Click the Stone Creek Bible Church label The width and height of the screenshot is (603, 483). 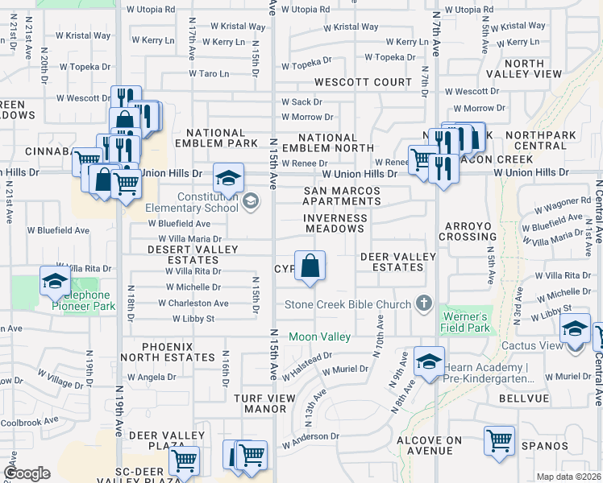(348, 304)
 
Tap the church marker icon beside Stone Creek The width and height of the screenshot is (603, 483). (423, 304)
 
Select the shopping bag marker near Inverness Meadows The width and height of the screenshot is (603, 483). (310, 266)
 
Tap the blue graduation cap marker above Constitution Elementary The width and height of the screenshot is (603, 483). (228, 177)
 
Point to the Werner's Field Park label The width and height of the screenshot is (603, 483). (465, 322)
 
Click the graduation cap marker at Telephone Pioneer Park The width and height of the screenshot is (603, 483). (54, 281)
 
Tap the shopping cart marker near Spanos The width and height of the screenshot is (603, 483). (499, 441)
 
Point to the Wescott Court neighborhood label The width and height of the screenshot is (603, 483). (363, 82)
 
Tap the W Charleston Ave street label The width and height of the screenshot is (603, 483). (193, 303)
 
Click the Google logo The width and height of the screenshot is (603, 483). (26, 473)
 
